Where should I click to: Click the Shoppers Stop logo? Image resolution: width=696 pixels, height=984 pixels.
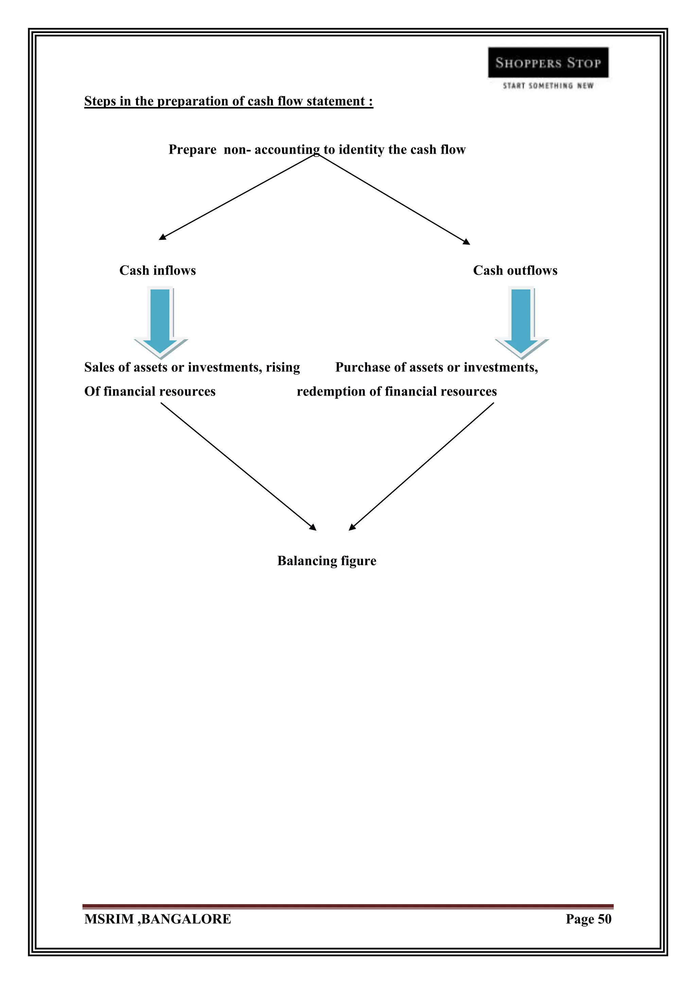(548, 63)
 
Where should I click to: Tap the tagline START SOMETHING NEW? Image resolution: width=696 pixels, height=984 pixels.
(548, 86)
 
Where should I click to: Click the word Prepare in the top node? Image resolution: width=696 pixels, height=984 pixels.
(192, 150)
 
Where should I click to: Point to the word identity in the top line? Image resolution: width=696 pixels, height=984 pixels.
(361, 150)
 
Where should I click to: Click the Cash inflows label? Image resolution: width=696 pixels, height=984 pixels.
(157, 270)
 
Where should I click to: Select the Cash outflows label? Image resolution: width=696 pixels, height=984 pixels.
(515, 270)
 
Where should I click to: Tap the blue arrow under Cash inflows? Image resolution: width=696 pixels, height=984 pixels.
(160, 321)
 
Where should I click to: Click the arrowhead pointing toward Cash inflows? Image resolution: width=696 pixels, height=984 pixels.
(162, 237)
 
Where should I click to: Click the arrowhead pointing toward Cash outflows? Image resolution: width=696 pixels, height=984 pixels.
(467, 242)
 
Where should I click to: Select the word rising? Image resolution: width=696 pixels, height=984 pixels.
(282, 367)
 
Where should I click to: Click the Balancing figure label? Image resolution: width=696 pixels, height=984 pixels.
(327, 561)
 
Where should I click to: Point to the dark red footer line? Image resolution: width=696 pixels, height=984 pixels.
(348, 907)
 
